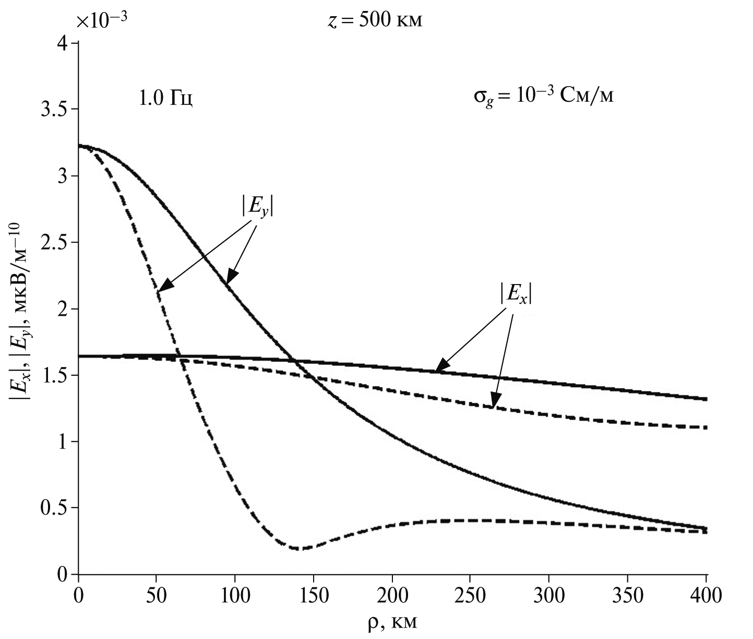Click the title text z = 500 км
(374, 21)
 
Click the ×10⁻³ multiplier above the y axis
(102, 21)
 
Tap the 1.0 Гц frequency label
(166, 99)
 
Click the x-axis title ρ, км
(392, 623)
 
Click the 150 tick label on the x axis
(313, 596)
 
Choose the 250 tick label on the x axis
(470, 596)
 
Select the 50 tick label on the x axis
(156, 596)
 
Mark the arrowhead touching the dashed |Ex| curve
(493, 403)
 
